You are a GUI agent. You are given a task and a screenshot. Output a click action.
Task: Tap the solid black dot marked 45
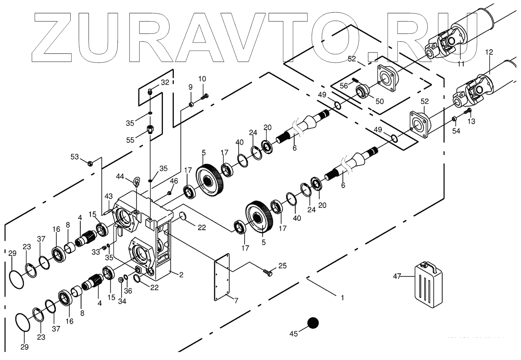313,323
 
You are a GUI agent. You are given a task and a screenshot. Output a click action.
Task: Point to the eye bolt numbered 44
137,180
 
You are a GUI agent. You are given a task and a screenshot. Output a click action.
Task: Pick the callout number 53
75,157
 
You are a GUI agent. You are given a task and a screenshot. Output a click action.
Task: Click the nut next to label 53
91,163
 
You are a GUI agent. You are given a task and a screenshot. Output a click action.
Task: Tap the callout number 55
130,140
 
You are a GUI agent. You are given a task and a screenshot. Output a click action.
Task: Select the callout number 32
165,83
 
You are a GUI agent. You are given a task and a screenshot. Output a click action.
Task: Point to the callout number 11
461,64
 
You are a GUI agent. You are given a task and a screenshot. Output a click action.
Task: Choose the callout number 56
344,86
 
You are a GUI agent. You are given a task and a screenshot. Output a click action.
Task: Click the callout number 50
380,101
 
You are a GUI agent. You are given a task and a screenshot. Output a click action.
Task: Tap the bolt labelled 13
469,110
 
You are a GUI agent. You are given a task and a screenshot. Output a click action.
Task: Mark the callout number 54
456,131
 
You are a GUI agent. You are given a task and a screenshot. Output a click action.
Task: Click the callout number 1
342,298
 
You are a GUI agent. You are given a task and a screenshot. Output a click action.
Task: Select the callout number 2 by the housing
181,275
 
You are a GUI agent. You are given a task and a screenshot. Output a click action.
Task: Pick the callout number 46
174,181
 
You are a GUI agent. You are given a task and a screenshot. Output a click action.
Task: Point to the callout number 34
122,301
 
